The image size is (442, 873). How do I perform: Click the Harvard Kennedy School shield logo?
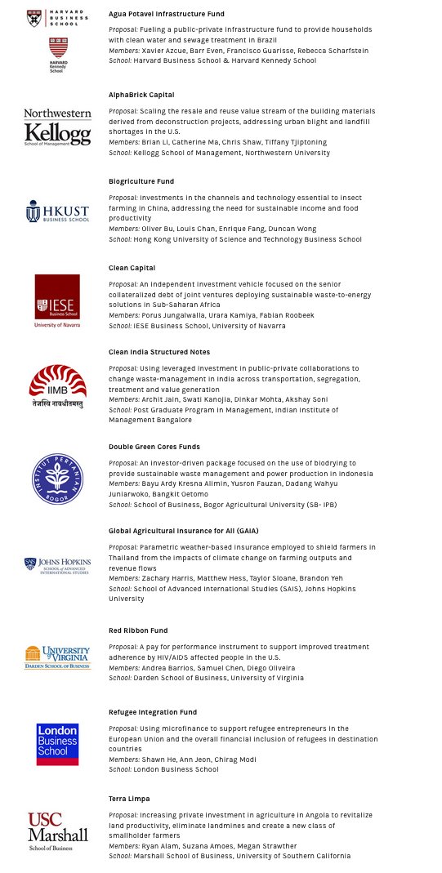pyautogui.click(x=57, y=54)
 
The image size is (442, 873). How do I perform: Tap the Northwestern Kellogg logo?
pyautogui.click(x=57, y=127)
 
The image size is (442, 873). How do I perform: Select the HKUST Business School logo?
pyautogui.click(x=57, y=212)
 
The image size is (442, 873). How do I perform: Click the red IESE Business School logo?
pyautogui.click(x=57, y=300)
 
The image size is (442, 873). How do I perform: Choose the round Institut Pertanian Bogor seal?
pyautogui.click(x=57, y=479)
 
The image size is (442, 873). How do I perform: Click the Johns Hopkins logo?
pyautogui.click(x=57, y=566)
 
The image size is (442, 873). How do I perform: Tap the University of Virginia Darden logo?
pyautogui.click(x=57, y=657)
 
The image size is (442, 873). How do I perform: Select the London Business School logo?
pyautogui.click(x=57, y=744)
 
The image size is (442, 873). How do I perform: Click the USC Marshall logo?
pyautogui.click(x=57, y=831)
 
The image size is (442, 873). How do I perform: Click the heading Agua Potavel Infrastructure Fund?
pyautogui.click(x=166, y=14)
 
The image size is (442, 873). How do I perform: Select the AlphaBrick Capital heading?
pyautogui.click(x=141, y=95)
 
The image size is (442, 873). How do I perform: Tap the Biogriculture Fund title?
pyautogui.click(x=141, y=181)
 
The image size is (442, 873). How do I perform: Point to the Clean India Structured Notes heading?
pyautogui.click(x=159, y=352)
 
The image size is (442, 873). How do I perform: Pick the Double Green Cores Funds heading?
pyautogui.click(x=154, y=447)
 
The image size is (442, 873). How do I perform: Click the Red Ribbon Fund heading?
pyautogui.click(x=138, y=630)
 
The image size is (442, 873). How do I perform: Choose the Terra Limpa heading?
pyautogui.click(x=129, y=799)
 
